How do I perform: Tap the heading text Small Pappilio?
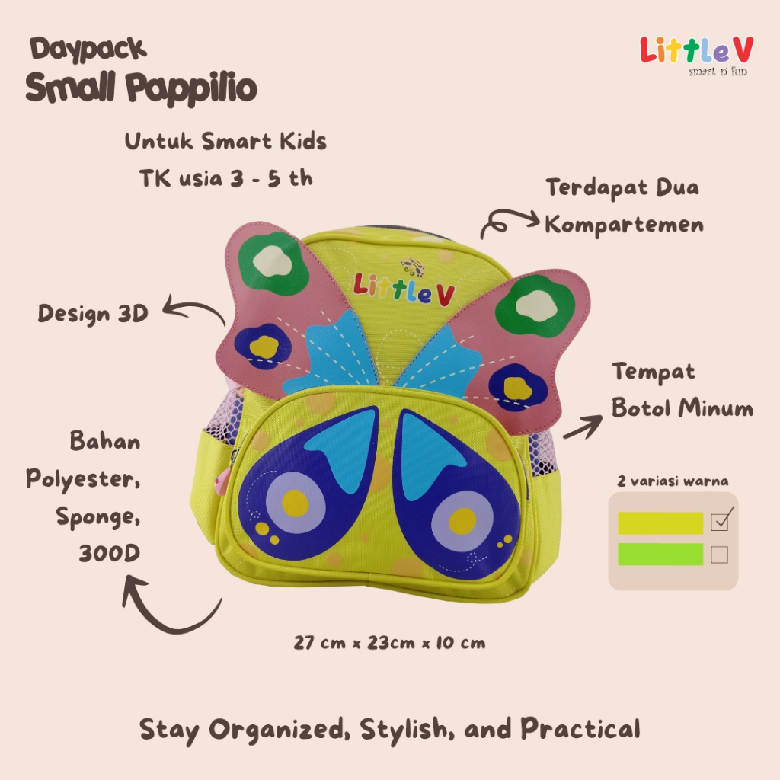[x=141, y=88]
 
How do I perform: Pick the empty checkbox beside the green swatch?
[x=719, y=555]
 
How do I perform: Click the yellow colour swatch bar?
[x=660, y=523]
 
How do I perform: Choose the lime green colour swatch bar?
[x=660, y=554]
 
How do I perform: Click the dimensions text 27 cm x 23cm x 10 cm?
[x=390, y=643]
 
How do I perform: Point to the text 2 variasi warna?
[x=673, y=481]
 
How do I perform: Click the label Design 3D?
[x=93, y=313]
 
